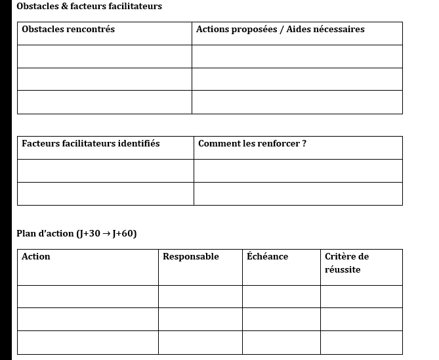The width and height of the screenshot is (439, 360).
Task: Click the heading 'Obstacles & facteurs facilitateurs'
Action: click(89, 7)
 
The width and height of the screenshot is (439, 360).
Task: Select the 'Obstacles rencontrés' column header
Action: click(68, 30)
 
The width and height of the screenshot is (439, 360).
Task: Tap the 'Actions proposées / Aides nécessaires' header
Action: click(280, 30)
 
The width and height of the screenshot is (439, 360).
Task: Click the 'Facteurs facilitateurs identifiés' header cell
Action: click(91, 144)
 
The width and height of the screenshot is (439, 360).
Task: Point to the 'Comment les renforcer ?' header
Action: click(252, 144)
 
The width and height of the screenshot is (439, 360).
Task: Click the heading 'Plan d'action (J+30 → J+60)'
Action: click(77, 234)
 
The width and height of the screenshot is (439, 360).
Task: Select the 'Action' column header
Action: click(36, 257)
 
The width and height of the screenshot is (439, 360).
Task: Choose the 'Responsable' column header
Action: click(191, 257)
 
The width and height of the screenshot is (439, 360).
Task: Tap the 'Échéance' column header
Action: click(267, 257)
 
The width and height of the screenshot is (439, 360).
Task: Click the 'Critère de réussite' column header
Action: click(346, 263)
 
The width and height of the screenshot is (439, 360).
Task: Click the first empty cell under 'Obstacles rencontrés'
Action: click(104, 56)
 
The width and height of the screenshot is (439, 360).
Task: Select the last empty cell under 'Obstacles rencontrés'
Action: click(104, 102)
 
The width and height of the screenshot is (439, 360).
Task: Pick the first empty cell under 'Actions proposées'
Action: click(297, 56)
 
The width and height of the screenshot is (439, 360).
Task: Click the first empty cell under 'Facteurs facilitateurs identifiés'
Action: click(105, 171)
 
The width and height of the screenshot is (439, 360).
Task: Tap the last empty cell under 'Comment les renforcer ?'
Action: click(298, 194)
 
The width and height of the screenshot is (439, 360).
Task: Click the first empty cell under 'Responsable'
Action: click(200, 296)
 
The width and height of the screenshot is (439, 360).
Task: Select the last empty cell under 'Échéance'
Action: click(281, 342)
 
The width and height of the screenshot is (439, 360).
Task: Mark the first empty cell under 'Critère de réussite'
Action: click(361, 296)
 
